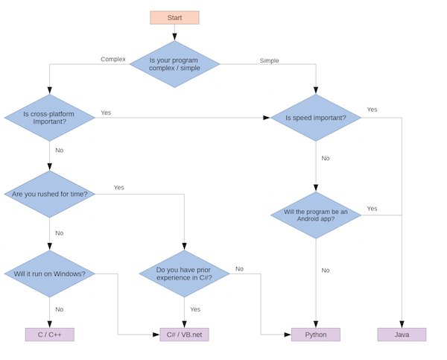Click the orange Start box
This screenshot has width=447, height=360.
click(174, 18)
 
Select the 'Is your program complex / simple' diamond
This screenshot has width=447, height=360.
click(174, 64)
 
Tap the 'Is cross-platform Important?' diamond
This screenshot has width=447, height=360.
click(50, 118)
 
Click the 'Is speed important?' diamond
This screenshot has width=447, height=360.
click(316, 118)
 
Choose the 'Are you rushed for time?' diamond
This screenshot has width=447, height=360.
click(50, 195)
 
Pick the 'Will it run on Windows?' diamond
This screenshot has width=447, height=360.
click(50, 274)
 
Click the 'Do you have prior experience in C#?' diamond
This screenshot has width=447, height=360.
click(184, 274)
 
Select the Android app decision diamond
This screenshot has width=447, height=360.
click(316, 215)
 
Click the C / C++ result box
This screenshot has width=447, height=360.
click(50, 335)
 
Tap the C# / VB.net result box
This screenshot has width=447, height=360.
click(184, 335)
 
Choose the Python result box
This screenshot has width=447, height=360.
click(316, 335)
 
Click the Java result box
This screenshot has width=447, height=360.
click(402, 335)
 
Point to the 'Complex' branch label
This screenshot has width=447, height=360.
click(113, 59)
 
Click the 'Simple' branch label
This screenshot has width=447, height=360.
click(270, 60)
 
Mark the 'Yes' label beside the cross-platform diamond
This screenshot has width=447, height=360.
click(106, 113)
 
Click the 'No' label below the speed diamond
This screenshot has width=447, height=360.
click(326, 158)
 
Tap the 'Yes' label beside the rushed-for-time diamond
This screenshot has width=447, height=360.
click(119, 187)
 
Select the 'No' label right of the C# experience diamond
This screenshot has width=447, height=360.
click(239, 268)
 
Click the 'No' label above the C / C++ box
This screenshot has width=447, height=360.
click(60, 309)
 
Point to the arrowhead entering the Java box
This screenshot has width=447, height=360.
click(402, 324)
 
